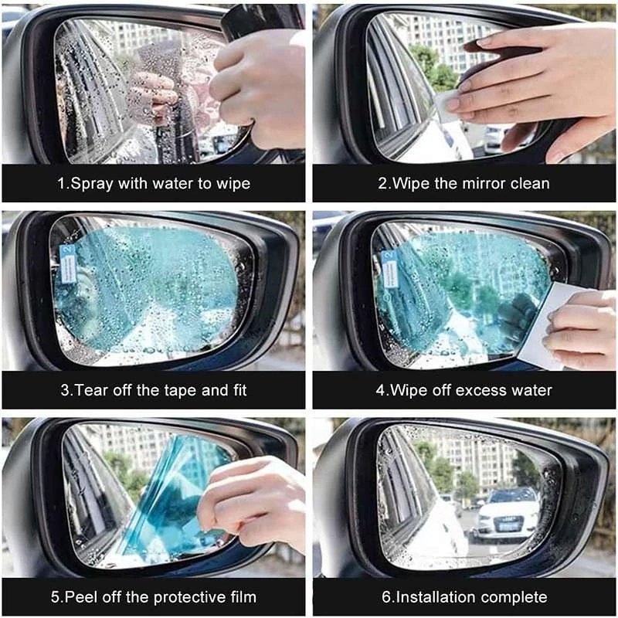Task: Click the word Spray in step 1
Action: point(92,184)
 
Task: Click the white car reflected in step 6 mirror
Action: point(507,512)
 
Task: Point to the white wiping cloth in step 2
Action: point(447,104)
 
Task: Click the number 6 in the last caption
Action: point(385,596)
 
